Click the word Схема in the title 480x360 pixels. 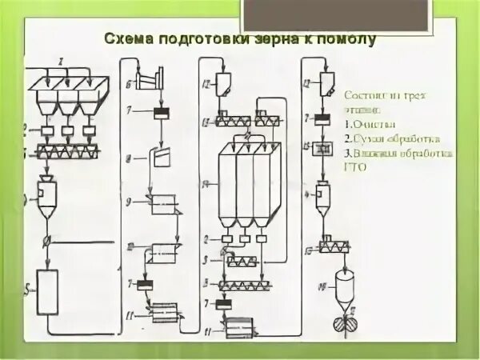pos(129,38)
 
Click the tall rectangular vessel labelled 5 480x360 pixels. pos(47,291)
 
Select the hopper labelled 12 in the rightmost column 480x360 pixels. pos(326,82)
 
